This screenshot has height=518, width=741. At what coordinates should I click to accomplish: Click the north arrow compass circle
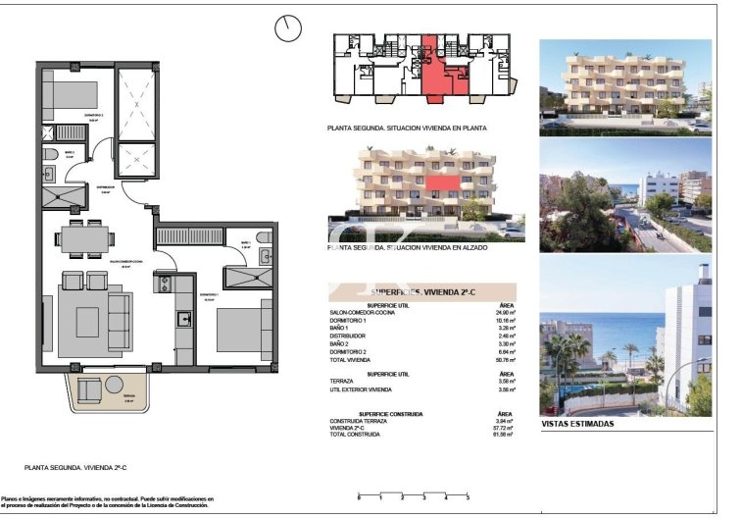coord(288,28)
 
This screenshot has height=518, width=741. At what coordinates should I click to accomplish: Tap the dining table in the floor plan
coord(82,235)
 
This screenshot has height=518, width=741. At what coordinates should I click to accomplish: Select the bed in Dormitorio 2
coord(69,94)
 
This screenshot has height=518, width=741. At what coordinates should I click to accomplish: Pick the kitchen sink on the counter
coord(183,319)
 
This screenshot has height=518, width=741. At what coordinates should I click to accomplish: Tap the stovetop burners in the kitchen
coord(163,285)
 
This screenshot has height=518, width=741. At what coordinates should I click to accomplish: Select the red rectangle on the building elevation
coord(444,182)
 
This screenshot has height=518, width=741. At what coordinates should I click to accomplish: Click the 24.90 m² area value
coord(504,312)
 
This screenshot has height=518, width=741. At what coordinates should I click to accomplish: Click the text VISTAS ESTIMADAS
coord(577,424)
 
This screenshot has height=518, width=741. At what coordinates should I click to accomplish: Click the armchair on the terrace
coord(87,390)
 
